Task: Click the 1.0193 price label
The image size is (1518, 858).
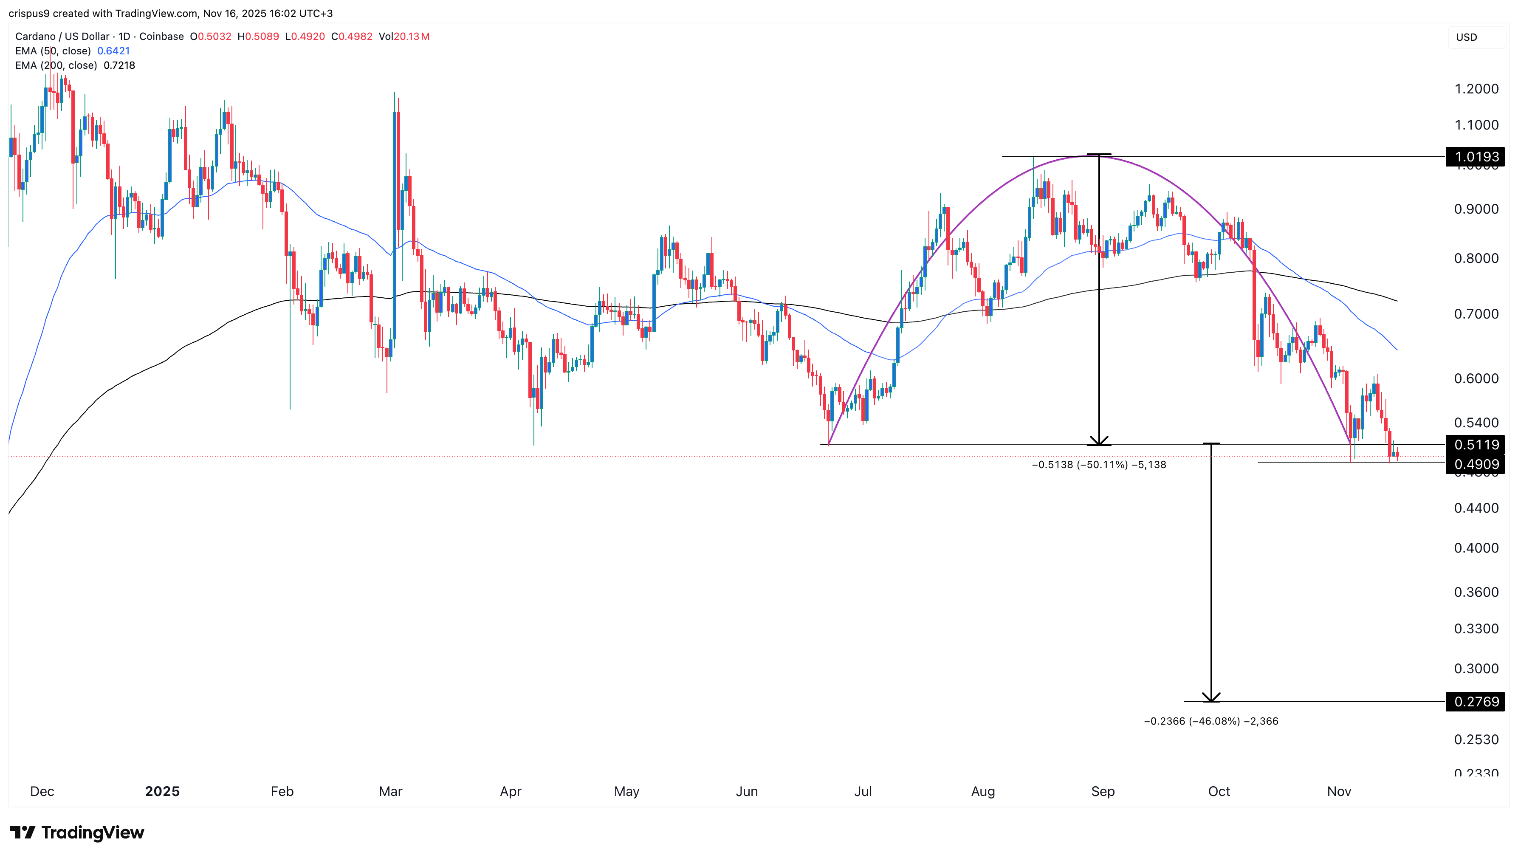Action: [1476, 157]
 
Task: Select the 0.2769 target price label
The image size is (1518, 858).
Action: [1476, 701]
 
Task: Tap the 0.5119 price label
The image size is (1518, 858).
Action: [1476, 445]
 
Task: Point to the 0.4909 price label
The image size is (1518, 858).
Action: [1476, 464]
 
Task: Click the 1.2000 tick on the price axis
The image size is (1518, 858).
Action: [1476, 89]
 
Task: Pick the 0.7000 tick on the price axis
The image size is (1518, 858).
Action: [1476, 314]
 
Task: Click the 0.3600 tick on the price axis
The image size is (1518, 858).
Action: [1476, 592]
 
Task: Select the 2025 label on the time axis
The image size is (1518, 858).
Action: [162, 791]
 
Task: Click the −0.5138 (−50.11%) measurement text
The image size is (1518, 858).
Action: [1098, 465]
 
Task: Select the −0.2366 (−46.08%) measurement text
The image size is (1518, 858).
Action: [1210, 721]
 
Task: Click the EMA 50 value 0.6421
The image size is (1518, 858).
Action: [113, 51]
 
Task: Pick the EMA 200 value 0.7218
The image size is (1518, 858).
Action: [119, 65]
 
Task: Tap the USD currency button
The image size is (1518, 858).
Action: [1466, 37]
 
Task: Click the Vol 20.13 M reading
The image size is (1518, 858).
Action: [404, 37]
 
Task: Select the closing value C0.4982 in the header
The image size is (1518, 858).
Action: [352, 37]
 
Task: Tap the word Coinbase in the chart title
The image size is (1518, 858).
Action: [161, 37]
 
